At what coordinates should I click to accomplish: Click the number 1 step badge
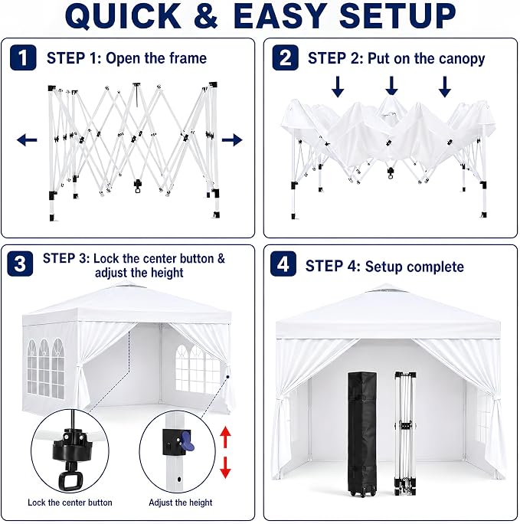(x=23, y=57)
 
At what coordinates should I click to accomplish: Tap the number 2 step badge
(x=285, y=57)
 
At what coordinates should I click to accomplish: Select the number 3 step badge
(x=20, y=264)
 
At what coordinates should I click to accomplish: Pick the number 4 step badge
(x=283, y=264)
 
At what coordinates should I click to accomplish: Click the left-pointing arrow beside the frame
(x=27, y=139)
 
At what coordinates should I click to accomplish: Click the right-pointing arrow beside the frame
(x=232, y=139)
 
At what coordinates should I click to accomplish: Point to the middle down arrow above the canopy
(x=391, y=87)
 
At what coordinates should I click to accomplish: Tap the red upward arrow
(x=225, y=436)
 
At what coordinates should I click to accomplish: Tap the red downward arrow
(x=225, y=467)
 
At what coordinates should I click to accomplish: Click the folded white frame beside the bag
(x=405, y=433)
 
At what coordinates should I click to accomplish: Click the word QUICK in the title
(x=123, y=16)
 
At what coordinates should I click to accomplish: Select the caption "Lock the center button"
(x=70, y=503)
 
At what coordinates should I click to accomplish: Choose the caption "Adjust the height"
(x=180, y=503)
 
